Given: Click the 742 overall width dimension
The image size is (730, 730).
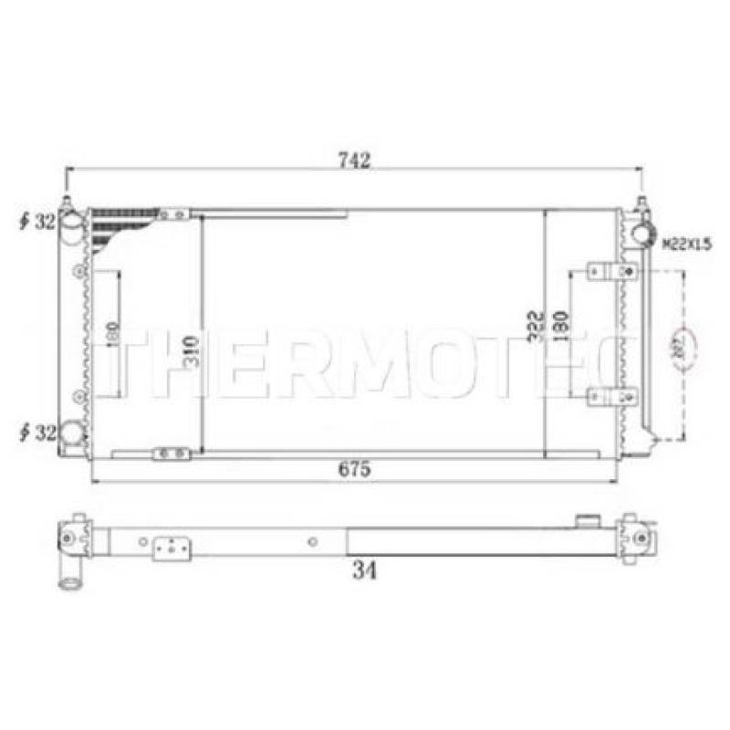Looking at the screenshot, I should [354, 161].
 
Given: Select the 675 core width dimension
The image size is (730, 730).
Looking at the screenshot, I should [354, 471].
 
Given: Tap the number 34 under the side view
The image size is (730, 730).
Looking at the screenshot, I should [362, 572].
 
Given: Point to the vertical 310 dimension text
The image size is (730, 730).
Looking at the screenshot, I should [190, 350].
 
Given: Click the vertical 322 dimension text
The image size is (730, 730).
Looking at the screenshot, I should [536, 327].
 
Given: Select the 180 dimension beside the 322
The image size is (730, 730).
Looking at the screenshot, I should [561, 326].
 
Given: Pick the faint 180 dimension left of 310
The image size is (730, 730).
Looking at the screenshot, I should [111, 334].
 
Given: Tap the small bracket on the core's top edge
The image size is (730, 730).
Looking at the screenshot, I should [172, 214].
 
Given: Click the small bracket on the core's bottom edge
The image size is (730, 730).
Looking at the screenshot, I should [172, 453].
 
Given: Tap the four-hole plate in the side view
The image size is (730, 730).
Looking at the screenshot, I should [172, 549].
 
